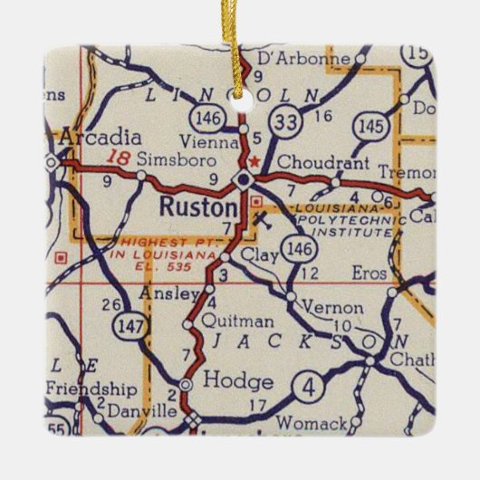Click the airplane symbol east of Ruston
pos(262,217)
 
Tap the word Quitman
pos(226,321)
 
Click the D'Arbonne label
pos(303,60)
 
